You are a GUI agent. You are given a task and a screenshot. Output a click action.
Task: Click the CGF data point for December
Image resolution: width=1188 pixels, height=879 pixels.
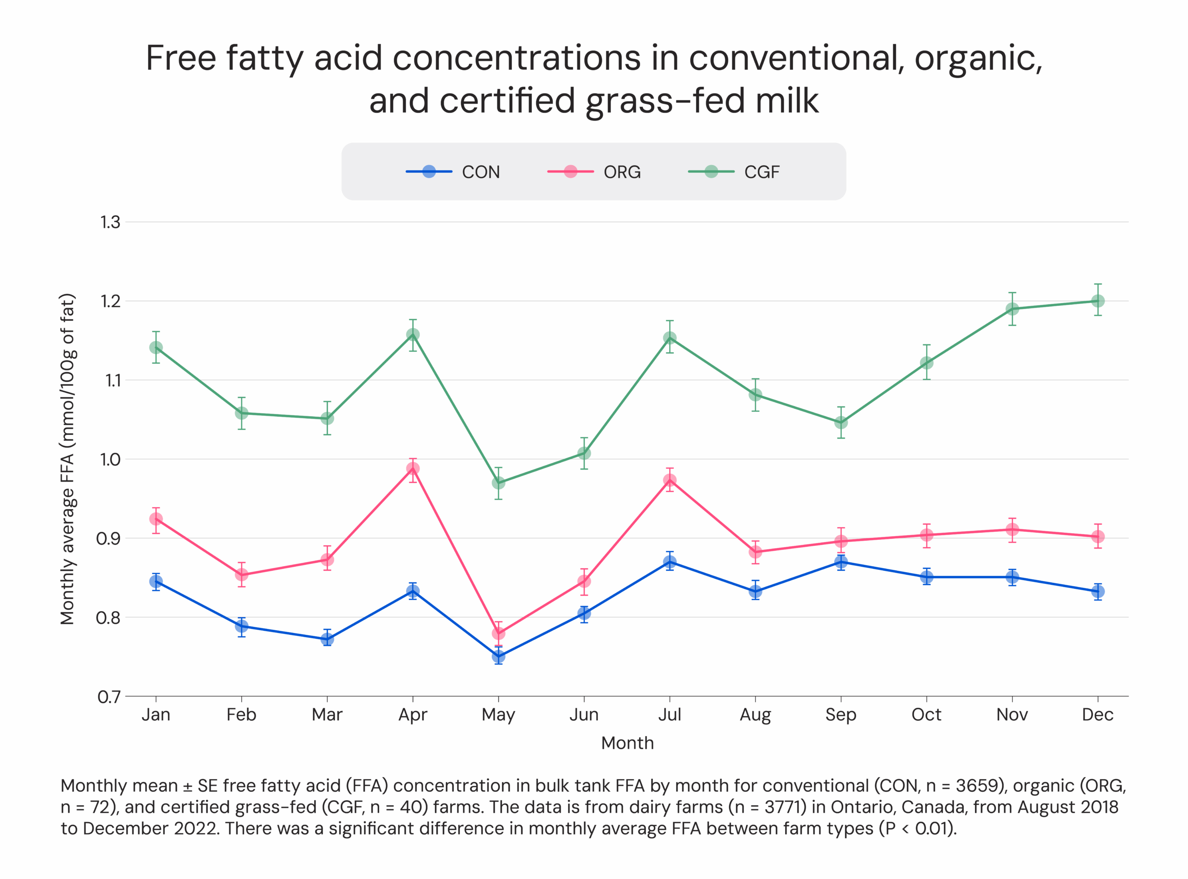(1098, 301)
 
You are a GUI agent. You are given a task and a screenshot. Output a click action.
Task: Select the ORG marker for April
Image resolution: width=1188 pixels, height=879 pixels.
(413, 469)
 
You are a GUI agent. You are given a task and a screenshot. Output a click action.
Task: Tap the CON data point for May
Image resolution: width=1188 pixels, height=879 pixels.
(498, 657)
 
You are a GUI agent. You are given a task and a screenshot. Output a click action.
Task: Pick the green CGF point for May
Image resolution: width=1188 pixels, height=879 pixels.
(498, 483)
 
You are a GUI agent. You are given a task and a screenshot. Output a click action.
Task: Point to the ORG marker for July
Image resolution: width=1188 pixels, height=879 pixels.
(670, 480)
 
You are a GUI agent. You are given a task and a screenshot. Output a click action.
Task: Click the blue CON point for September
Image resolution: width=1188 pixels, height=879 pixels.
(840, 562)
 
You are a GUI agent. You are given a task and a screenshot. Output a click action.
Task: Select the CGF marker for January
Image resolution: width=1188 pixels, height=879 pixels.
(156, 348)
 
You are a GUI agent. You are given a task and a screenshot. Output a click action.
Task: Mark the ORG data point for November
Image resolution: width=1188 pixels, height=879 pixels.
(1012, 530)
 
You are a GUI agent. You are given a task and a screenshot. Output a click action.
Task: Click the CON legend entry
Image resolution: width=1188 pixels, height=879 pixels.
(453, 172)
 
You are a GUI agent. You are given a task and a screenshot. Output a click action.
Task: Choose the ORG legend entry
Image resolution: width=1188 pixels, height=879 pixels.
(595, 172)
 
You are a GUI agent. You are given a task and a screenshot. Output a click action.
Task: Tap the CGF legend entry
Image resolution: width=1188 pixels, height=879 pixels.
(735, 172)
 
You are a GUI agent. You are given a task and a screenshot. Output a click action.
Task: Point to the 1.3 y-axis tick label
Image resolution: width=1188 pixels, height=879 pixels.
(110, 222)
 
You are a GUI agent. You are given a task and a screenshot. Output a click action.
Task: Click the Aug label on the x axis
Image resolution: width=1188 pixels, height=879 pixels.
(755, 715)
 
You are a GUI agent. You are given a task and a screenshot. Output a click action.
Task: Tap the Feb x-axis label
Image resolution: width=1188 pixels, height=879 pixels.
(241, 715)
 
